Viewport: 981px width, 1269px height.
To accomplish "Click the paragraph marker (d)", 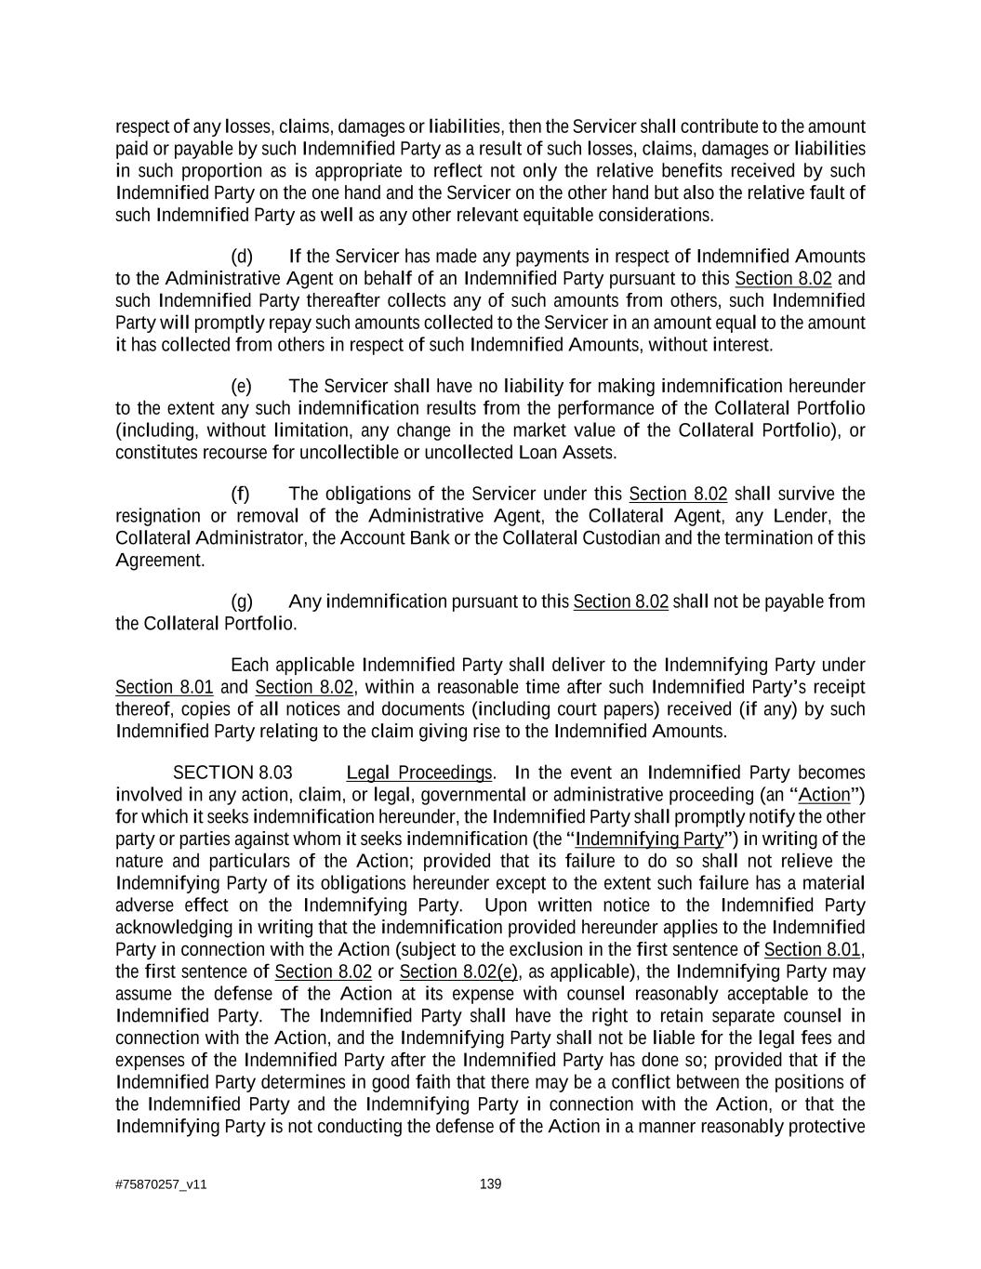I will (x=241, y=257).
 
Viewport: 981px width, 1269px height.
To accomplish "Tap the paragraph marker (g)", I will (x=241, y=601).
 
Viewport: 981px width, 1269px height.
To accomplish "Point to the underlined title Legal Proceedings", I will (x=418, y=773).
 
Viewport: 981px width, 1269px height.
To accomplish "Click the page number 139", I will (x=490, y=1183).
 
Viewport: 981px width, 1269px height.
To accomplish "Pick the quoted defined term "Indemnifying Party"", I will (x=649, y=839).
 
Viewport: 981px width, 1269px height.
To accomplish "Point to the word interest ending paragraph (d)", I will (x=739, y=345).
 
